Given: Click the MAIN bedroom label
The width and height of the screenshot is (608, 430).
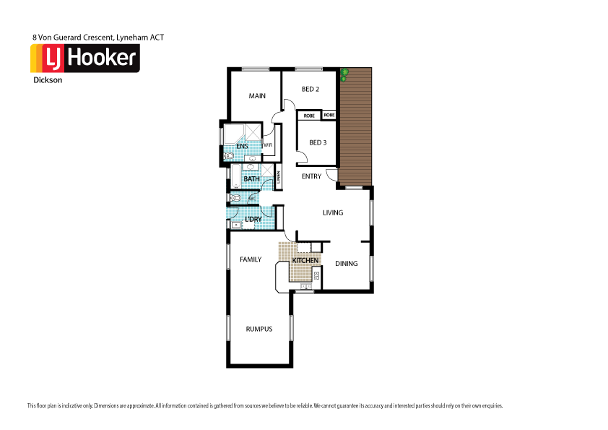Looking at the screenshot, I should pos(257,96).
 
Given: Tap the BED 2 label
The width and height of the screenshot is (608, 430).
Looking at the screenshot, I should pos(310,89).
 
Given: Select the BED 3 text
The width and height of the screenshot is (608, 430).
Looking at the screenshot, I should pos(318,142).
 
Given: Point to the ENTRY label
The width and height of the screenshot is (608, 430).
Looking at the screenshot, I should pos(311,176).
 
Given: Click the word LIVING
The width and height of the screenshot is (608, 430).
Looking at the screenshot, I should pos(332,212).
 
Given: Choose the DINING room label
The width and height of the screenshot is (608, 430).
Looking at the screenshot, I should pos(346,264).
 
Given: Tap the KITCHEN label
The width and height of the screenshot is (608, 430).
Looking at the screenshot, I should pos(305,260).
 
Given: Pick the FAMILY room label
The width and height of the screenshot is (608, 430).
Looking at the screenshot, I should pos(251,259).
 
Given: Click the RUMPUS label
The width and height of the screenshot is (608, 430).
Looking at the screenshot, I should pos(258,329).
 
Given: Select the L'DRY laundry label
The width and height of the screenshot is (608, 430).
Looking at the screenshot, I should pos(253,219).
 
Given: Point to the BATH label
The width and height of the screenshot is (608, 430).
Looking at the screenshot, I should pos(251,179).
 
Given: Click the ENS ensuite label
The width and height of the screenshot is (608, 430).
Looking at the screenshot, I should pos(242,147).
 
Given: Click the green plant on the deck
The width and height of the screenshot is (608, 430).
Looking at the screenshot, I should pos(345,73).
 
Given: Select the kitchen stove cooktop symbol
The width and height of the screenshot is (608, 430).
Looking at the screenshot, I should pos(316,274).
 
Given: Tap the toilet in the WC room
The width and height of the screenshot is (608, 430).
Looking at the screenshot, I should pos(236,197).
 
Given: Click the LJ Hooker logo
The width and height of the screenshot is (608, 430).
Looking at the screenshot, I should pos(84,59).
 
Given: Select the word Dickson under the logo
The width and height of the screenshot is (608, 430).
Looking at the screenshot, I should pos(47,81).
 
